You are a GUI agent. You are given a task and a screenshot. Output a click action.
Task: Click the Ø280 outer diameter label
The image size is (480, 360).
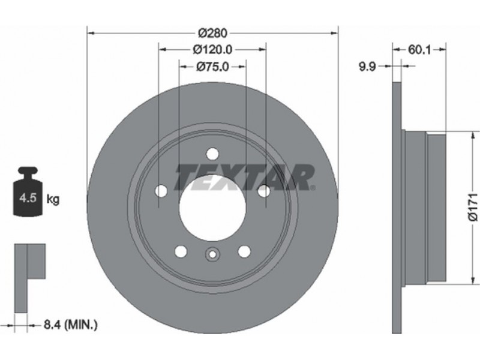[x=213, y=33]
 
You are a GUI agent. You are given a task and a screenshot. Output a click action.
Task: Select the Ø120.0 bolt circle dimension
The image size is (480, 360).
[x=212, y=49]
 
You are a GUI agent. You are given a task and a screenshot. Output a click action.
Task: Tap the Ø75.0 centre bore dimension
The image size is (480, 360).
[x=212, y=66]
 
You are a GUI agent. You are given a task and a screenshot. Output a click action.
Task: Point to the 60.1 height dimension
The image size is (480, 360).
[x=419, y=50]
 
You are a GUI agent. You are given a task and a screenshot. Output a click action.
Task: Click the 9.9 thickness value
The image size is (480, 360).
[x=367, y=66]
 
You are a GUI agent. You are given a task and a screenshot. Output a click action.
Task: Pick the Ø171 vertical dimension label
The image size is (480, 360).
[x=473, y=206]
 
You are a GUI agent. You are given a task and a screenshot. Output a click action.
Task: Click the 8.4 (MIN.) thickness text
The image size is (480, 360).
[x=71, y=325]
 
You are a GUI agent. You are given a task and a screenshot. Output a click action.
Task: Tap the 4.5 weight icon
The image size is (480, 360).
[x=28, y=191]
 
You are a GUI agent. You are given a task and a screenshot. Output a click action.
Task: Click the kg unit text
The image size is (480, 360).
[x=53, y=200]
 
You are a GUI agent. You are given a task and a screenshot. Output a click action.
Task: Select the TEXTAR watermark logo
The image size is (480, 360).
[x=244, y=177]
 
